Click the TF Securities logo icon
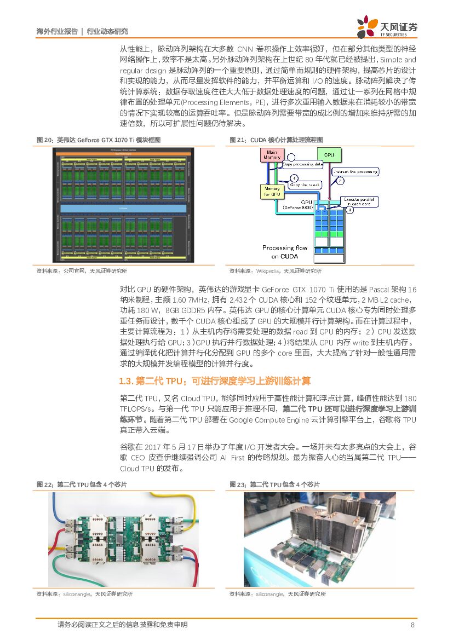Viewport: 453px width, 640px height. (368, 26)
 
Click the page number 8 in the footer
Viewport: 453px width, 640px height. (412, 625)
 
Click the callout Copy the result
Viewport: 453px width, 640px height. (305, 185)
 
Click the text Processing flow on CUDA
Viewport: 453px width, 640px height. (285, 252)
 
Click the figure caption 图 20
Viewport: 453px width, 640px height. (99, 140)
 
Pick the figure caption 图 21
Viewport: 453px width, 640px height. (276, 140)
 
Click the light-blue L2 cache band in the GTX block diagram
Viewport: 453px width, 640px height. (123, 208)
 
